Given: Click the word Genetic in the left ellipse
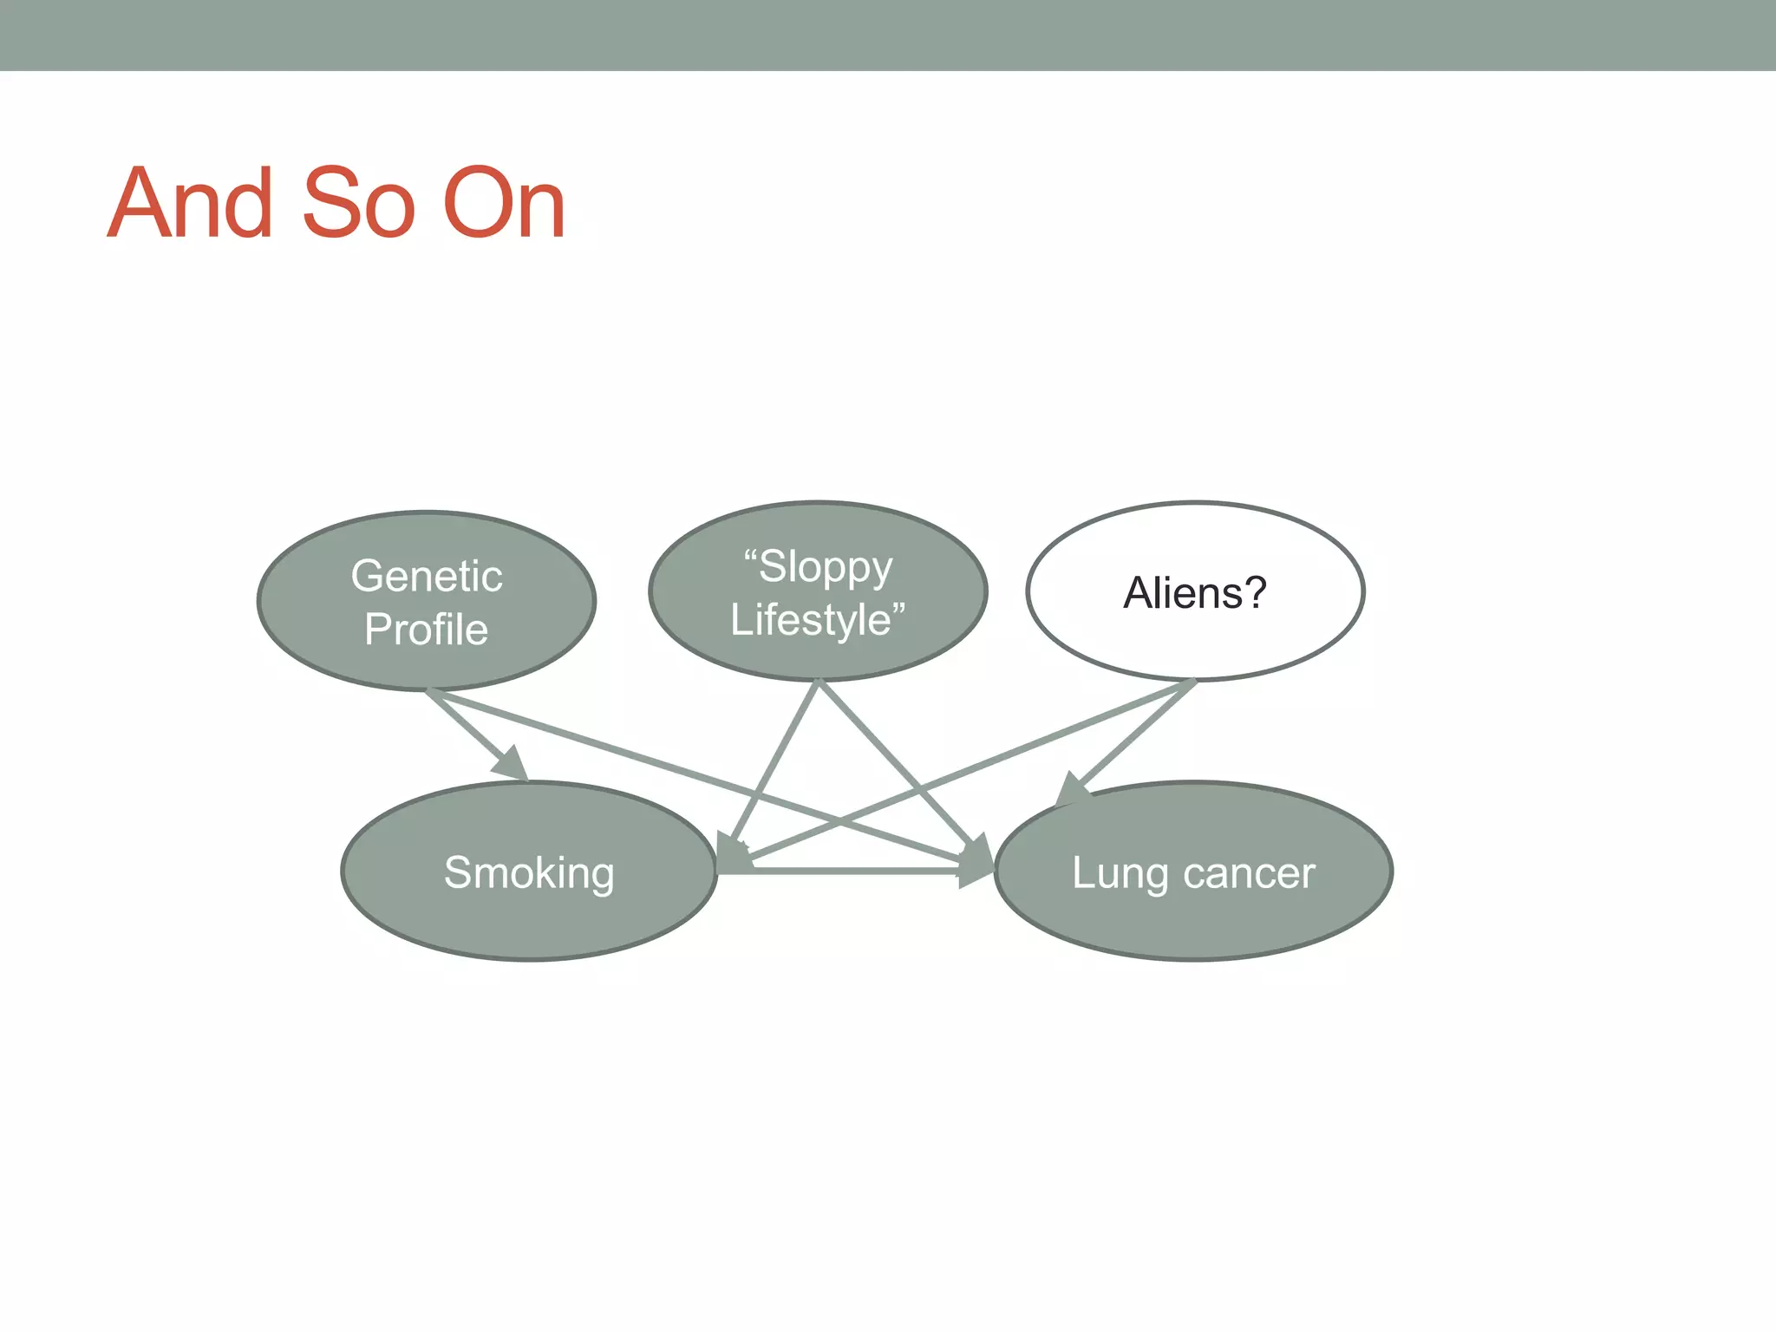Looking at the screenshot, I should pos(426,577).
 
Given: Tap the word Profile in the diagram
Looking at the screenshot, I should pos(426,630).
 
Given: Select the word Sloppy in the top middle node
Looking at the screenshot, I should pos(825,568).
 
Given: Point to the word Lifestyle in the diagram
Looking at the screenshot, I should pos(811,620).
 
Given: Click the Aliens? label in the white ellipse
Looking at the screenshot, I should pos(1194,593).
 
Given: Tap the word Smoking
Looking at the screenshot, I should pos(529,872).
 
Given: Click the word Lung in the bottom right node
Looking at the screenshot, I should pos(1120,873).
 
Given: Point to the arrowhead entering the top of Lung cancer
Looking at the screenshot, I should pos(1072,791).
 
